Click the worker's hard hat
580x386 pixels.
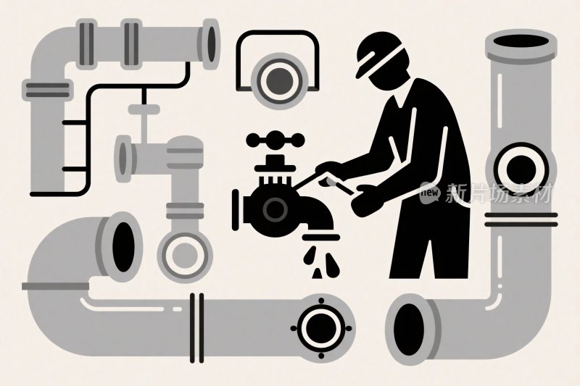click(x=377, y=54)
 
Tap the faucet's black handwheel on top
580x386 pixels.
click(x=275, y=140)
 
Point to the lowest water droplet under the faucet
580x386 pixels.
click(x=317, y=274)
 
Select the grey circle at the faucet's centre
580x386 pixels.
click(x=275, y=209)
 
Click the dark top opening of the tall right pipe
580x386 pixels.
click(x=521, y=41)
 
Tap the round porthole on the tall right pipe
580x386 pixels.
click(x=521, y=169)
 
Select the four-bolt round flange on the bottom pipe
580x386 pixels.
click(x=320, y=328)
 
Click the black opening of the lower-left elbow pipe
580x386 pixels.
click(x=123, y=247)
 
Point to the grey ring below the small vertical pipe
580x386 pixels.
click(x=185, y=255)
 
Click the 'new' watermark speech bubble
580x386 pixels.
click(x=430, y=193)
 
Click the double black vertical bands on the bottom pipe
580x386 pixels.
click(x=196, y=328)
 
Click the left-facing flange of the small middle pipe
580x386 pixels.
click(x=123, y=159)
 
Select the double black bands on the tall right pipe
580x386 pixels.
click(x=521, y=219)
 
